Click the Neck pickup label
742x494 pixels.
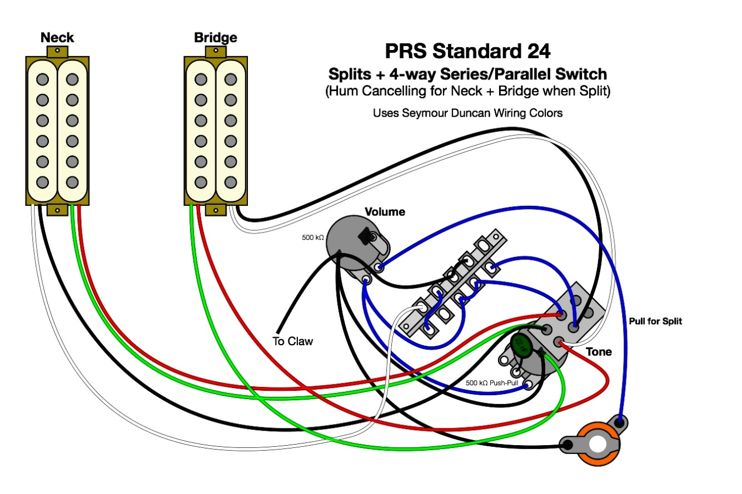57,38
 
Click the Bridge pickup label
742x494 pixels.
215,38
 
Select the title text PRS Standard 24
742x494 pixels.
467,52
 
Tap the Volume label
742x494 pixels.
385,212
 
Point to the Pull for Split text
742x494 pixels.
655,321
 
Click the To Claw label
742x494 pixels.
292,341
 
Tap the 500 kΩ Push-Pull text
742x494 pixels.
490,383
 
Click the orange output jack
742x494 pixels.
597,444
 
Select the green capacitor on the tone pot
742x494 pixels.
521,342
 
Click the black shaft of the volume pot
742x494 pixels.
367,236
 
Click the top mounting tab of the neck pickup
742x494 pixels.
57,51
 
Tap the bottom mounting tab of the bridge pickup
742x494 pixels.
215,209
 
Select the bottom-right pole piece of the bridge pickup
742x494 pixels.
230,182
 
